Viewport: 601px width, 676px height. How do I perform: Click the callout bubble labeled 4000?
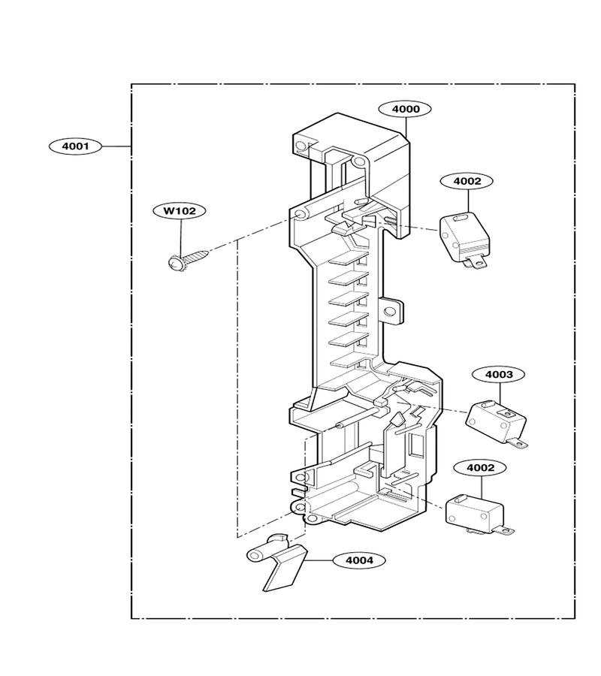point(405,109)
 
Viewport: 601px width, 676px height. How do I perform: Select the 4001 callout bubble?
point(75,146)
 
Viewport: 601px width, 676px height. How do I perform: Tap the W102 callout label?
point(180,211)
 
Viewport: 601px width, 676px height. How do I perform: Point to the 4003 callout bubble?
point(499,374)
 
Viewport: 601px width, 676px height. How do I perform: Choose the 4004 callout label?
point(358,560)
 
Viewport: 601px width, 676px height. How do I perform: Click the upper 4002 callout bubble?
point(467,181)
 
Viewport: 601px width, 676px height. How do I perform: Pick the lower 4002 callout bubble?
point(480,468)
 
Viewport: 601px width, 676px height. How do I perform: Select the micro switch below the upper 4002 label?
point(464,240)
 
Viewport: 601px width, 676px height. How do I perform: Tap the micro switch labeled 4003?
point(497,424)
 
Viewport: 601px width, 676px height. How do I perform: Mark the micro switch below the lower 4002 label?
point(477,515)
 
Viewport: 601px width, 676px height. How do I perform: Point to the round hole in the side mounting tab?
point(389,311)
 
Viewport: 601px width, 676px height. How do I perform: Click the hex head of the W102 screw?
point(175,262)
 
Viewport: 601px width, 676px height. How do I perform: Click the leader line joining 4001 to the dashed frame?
point(117,146)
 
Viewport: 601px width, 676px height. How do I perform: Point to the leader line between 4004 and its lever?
point(319,560)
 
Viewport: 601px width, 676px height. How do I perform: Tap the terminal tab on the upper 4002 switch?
point(474,261)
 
